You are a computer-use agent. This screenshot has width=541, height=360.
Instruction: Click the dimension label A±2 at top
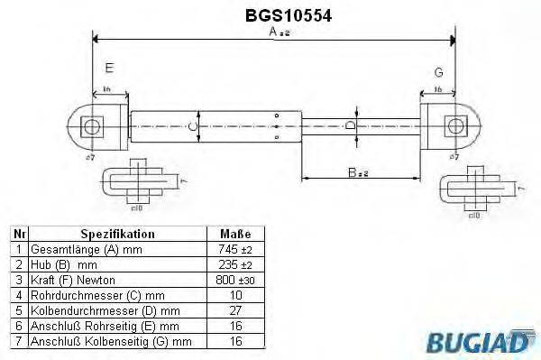point(280,32)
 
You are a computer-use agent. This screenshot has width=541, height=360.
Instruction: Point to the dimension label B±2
point(362,169)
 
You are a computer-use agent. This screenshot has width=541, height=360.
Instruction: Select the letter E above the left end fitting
point(109,69)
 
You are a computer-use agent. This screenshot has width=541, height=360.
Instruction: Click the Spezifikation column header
point(118,232)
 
